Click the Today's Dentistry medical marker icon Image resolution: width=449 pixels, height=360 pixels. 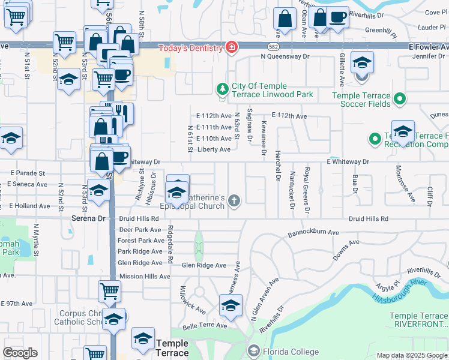231,47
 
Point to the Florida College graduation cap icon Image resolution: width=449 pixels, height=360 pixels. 253,350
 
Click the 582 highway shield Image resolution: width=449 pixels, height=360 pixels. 274,46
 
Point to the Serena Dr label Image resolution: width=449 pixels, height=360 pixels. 88,219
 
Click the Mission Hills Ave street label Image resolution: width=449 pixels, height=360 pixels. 144,277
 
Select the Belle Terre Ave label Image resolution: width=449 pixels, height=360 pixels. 205,326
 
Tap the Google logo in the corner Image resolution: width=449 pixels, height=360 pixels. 20,353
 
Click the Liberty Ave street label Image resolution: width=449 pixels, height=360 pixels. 214,149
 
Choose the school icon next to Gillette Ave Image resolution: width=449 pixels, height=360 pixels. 362,63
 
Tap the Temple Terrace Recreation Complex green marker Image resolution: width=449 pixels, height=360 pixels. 375,140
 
